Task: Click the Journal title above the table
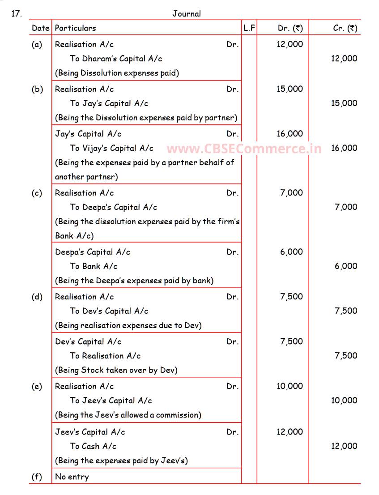click(187, 14)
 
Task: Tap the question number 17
click(16, 13)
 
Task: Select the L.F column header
click(249, 28)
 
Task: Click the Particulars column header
click(75, 28)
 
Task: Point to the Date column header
click(40, 28)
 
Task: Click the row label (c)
click(37, 193)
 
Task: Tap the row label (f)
click(37, 477)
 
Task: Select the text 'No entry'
click(72, 477)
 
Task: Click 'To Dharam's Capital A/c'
click(116, 59)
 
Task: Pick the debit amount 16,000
click(290, 134)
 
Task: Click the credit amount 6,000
click(346, 266)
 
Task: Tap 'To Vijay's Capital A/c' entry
click(111, 148)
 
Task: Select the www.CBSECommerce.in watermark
click(244, 149)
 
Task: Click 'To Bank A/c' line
click(94, 266)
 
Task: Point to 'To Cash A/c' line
click(93, 446)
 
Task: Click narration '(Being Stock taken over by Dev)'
click(116, 370)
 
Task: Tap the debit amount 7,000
click(291, 193)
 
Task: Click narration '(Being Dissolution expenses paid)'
click(117, 73)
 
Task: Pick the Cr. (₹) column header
click(345, 28)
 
